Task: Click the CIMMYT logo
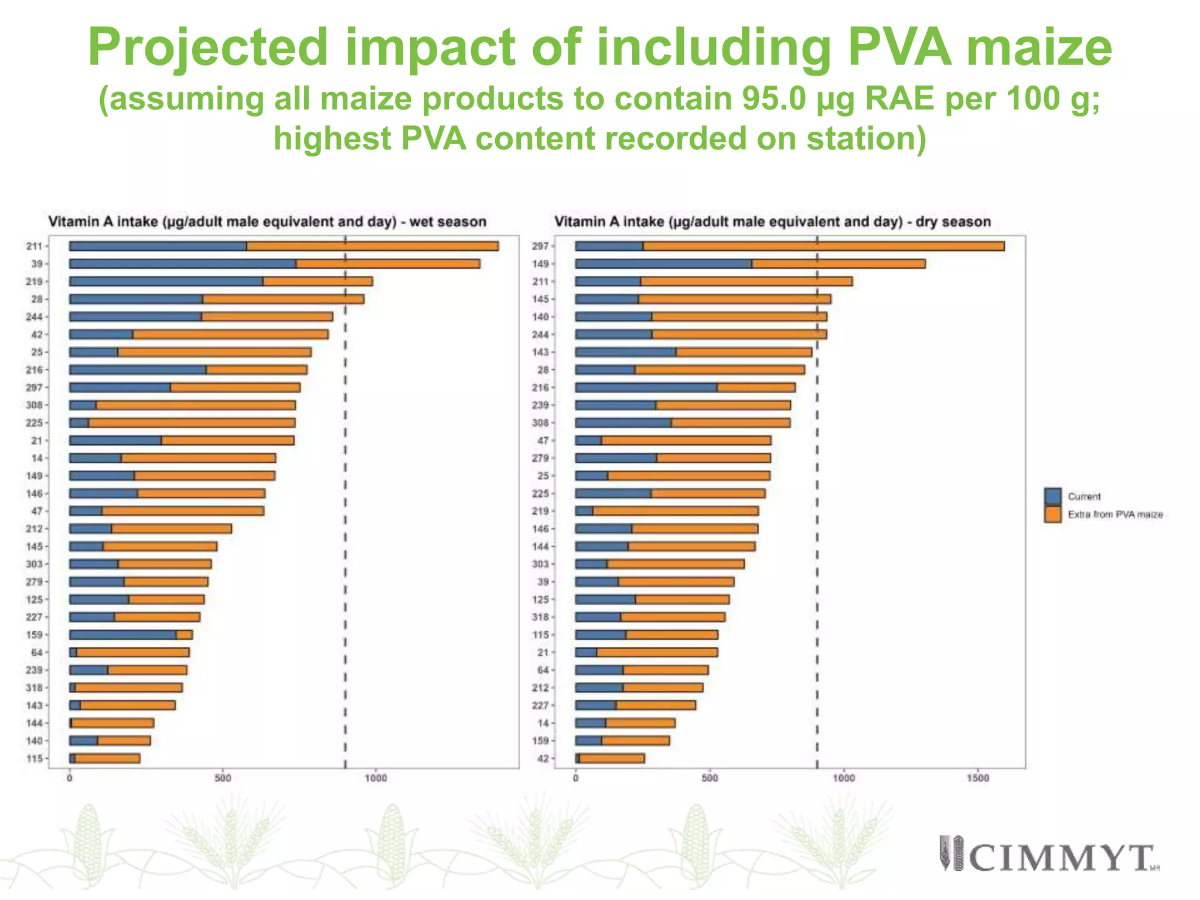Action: (x=1049, y=854)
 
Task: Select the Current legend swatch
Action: (x=1052, y=496)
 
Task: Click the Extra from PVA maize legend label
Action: (x=1114, y=514)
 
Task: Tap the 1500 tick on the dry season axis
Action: (x=977, y=778)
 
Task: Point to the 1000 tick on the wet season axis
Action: (x=376, y=778)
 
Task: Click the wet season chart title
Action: (x=267, y=222)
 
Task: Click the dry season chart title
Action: (x=772, y=222)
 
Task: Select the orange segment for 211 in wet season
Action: (x=372, y=246)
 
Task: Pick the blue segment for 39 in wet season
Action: (x=182, y=264)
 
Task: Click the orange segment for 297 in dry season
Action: (x=823, y=246)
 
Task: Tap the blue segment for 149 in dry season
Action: (x=663, y=264)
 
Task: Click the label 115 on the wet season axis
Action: (x=35, y=758)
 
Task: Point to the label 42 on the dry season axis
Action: (x=543, y=758)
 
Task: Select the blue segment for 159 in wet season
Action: (x=122, y=635)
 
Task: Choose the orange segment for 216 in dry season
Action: (x=756, y=387)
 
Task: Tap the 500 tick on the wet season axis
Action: (x=223, y=778)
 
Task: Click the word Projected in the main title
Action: (x=207, y=48)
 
